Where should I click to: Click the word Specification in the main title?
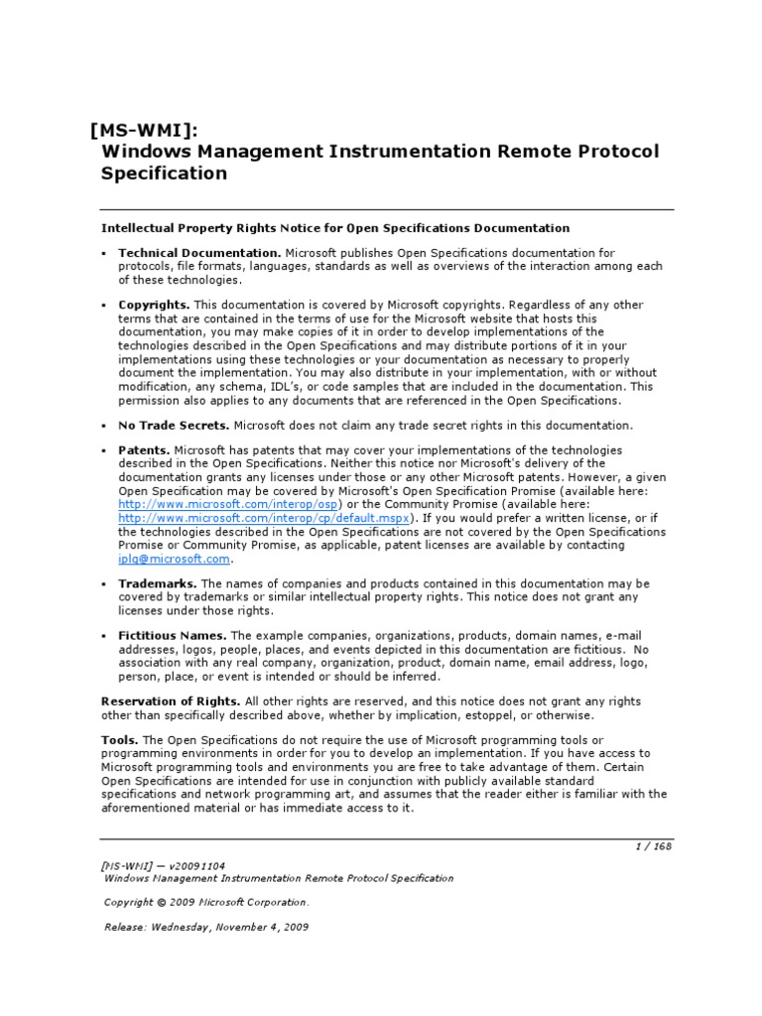165,174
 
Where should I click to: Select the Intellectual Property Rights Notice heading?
336,228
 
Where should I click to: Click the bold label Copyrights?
154,305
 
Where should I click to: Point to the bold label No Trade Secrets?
174,425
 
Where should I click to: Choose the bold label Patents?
144,449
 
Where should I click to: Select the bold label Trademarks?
158,583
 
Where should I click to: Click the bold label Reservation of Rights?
171,700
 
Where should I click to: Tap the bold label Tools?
120,740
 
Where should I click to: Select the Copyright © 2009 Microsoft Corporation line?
206,902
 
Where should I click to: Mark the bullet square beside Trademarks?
104,583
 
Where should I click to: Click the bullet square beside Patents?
104,449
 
